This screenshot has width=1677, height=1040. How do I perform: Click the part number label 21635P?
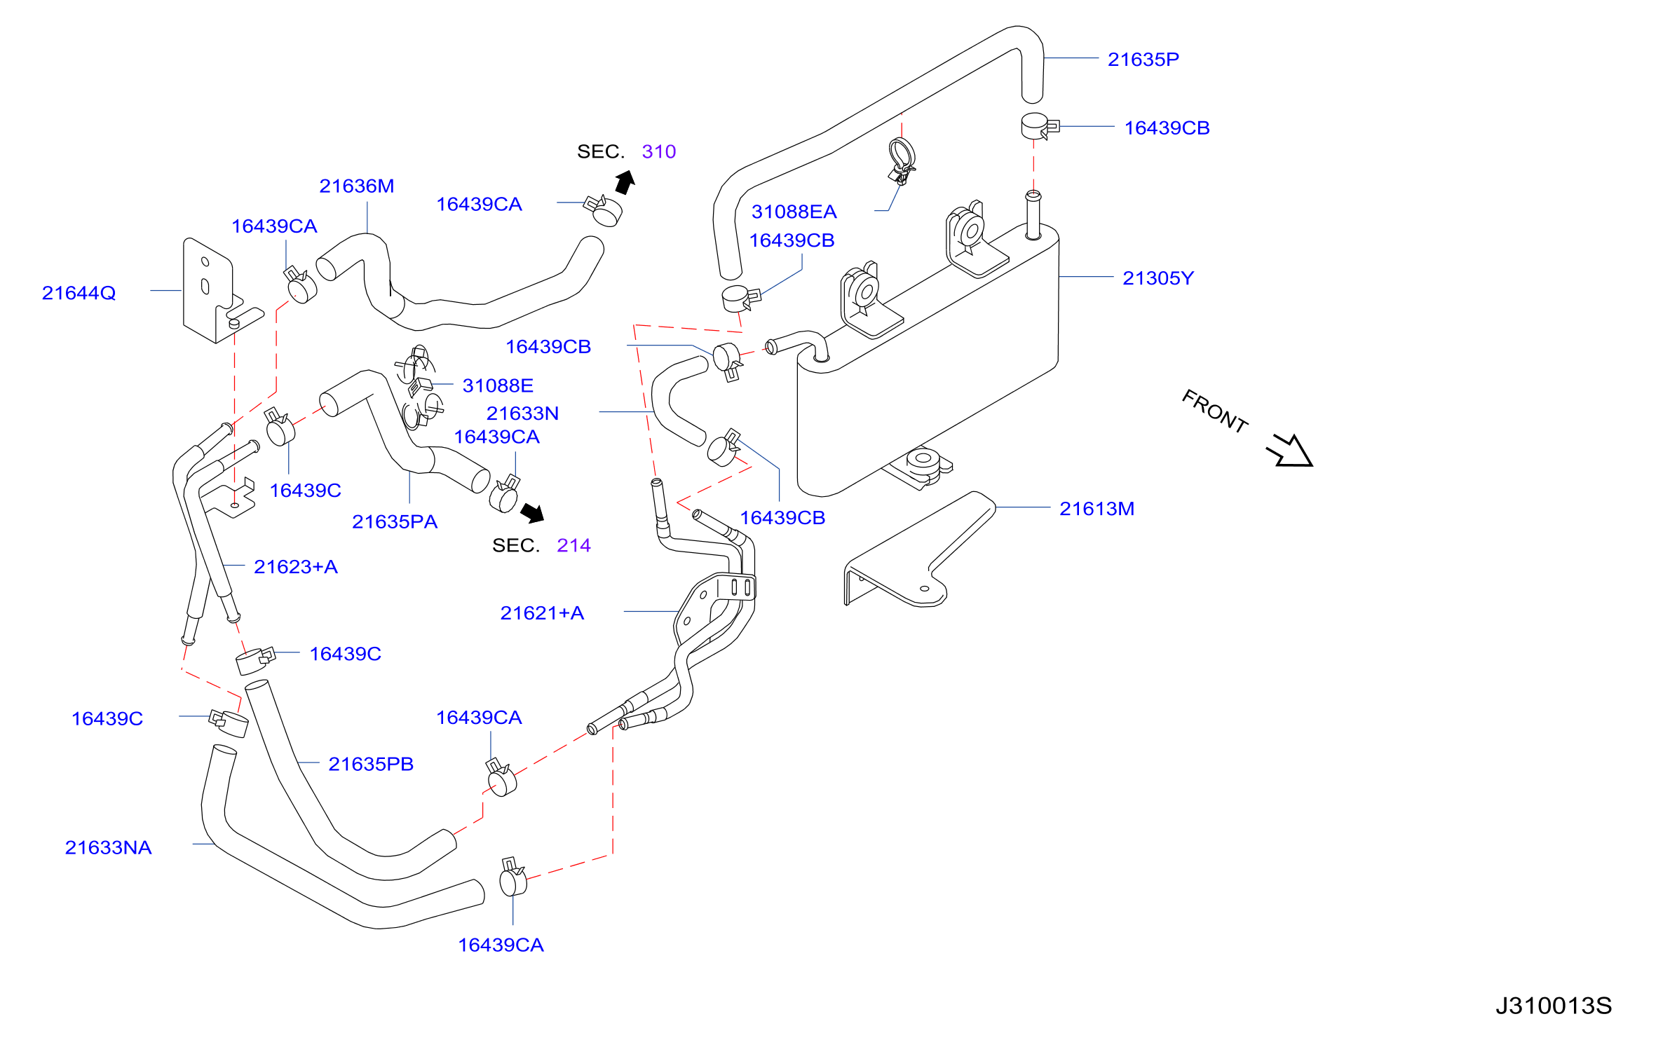point(1143,60)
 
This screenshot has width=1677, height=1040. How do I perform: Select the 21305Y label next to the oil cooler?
point(1157,278)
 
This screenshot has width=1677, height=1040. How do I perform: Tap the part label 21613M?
point(1096,509)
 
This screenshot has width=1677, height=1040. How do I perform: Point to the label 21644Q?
point(79,293)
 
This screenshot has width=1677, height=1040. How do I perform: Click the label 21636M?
point(356,186)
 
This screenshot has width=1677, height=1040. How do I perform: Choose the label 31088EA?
point(794,212)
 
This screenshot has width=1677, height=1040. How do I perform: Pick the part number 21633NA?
point(108,847)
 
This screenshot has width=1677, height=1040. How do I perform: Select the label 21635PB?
point(371,764)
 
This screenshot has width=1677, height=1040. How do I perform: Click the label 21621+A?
point(542,613)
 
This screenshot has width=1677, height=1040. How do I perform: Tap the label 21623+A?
point(295,567)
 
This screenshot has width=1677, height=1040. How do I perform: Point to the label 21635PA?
point(395,522)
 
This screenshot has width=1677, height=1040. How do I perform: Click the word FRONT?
point(1215,411)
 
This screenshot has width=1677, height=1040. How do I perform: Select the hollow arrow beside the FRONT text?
point(1290,451)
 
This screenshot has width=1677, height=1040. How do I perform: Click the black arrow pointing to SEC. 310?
point(625,182)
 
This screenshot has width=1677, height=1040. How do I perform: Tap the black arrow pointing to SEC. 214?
point(533,513)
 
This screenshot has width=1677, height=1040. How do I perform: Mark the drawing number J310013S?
point(1554,1006)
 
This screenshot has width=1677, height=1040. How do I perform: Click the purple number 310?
point(658,151)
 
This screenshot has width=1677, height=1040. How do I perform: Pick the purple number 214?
point(573,545)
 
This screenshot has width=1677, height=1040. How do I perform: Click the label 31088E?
point(498,385)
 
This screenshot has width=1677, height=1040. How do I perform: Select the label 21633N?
point(522,413)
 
